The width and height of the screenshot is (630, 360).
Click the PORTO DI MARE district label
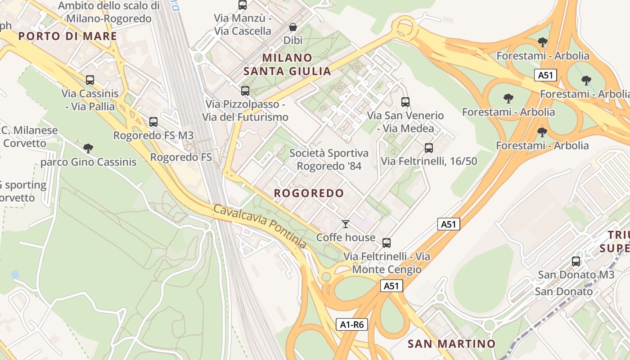click(x=67, y=36)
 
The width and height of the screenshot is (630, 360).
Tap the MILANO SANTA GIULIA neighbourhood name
click(x=287, y=64)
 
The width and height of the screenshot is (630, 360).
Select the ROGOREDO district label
click(x=309, y=193)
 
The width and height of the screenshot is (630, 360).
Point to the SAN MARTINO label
click(x=451, y=344)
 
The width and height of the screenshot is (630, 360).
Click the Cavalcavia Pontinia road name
click(x=260, y=226)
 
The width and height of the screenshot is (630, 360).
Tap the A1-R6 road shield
click(x=352, y=324)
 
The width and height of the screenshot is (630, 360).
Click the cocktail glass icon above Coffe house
click(x=346, y=224)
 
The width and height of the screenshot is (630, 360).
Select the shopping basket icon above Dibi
click(x=293, y=27)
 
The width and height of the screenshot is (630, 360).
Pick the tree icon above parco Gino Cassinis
click(x=88, y=148)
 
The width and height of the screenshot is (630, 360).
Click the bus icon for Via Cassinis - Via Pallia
click(x=90, y=80)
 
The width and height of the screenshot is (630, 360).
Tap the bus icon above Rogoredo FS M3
click(x=153, y=121)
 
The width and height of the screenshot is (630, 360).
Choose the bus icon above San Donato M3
click(x=576, y=261)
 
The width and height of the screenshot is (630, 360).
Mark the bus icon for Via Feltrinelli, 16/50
click(x=429, y=148)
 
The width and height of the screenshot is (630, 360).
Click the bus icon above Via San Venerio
click(x=405, y=102)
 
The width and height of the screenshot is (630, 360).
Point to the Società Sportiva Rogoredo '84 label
click(x=329, y=159)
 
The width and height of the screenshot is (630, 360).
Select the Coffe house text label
click(x=346, y=237)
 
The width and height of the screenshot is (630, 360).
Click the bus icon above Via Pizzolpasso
click(x=245, y=90)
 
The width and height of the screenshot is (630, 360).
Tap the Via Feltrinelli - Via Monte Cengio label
click(x=387, y=263)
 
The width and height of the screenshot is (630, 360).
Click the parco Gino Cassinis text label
click(x=89, y=162)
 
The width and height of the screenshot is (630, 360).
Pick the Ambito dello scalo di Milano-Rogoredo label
click(x=109, y=12)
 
